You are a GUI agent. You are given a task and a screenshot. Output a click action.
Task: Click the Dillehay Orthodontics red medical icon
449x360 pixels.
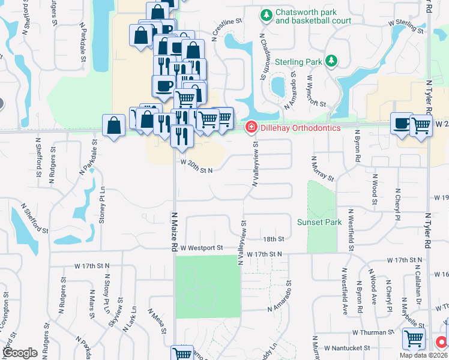tap(250, 127)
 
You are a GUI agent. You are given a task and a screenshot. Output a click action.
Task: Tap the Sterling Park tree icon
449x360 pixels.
tap(330, 61)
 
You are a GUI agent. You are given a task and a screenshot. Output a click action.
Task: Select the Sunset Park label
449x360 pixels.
tap(319, 222)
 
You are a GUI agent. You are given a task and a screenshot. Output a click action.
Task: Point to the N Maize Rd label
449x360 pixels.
tap(175, 231)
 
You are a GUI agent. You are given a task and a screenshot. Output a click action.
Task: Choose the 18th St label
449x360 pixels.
tap(273, 239)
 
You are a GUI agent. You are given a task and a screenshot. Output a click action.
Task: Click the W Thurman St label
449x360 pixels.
tap(373, 332)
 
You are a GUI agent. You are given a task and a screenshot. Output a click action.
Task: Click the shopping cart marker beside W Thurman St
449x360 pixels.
tap(414, 338)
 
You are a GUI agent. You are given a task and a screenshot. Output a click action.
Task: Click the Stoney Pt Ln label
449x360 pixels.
tap(103, 205)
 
